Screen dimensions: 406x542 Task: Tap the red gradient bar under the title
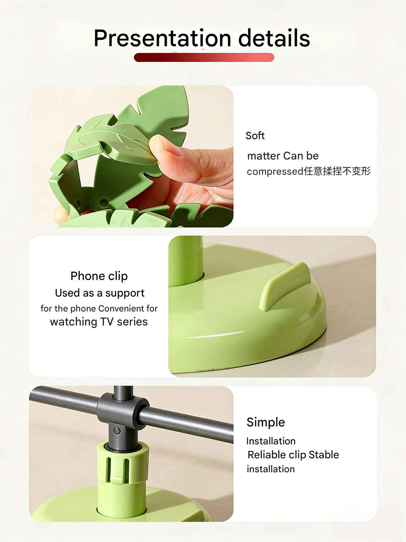pyautogui.click(x=204, y=57)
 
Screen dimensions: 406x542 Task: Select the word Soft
pyautogui.click(x=255, y=135)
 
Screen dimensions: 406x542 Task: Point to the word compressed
pyautogui.click(x=275, y=171)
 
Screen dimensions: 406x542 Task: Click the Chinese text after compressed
pyautogui.click(x=337, y=171)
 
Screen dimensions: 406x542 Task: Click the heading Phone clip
pyautogui.click(x=99, y=276)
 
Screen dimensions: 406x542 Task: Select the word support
pyautogui.click(x=125, y=293)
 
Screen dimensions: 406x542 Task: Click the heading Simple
pyautogui.click(x=266, y=422)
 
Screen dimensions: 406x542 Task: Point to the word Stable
pyautogui.click(x=324, y=455)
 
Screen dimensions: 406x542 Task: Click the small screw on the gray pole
pyautogui.click(x=117, y=430)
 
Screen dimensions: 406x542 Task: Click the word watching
pyautogui.click(x=73, y=322)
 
